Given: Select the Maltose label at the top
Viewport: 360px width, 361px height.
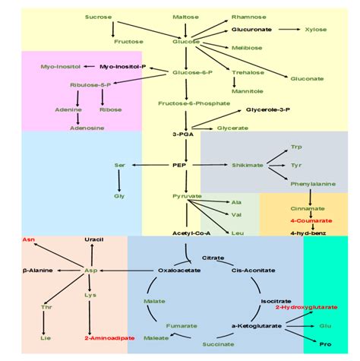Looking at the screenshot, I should point(186,16).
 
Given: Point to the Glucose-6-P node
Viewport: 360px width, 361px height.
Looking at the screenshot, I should point(187,72).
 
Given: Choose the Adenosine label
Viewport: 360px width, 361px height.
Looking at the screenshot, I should point(88,128).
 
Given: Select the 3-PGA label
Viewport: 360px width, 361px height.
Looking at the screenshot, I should point(185,134).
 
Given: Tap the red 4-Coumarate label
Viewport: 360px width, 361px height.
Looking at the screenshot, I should point(308,220).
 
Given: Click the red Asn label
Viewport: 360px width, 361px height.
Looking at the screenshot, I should point(29,239).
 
